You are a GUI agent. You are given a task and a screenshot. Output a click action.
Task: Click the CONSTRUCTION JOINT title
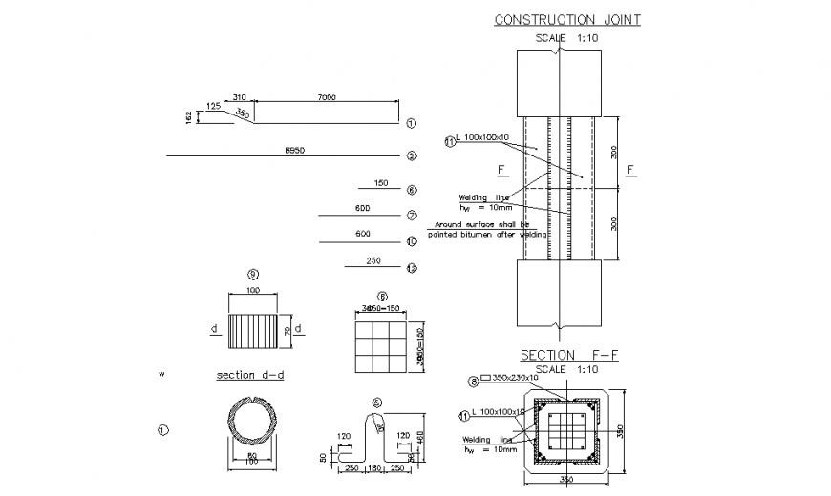pyautogui.click(x=566, y=19)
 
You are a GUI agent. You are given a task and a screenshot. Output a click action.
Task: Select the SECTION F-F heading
pyautogui.click(x=569, y=355)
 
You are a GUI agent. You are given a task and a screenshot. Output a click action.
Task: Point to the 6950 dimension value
pyautogui.click(x=294, y=151)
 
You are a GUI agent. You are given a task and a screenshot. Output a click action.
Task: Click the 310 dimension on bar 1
pyautogui.click(x=238, y=97)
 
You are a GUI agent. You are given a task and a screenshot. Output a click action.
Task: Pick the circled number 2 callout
pyautogui.click(x=411, y=155)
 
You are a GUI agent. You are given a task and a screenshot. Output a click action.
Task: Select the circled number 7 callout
pyautogui.click(x=411, y=216)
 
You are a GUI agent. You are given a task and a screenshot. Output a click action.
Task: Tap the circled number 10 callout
pyautogui.click(x=411, y=242)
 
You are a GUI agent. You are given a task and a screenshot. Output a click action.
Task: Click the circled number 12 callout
pyautogui.click(x=411, y=269)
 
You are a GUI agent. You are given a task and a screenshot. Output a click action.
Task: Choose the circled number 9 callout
pyautogui.click(x=253, y=275)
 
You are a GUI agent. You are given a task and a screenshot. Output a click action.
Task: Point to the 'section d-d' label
pyautogui.click(x=250, y=375)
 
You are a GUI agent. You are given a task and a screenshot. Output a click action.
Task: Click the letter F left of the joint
pyautogui.click(x=501, y=170)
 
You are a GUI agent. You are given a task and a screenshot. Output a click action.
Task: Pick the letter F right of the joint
pyautogui.click(x=629, y=170)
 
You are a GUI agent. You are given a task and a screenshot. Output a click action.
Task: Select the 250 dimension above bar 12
pyautogui.click(x=373, y=260)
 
